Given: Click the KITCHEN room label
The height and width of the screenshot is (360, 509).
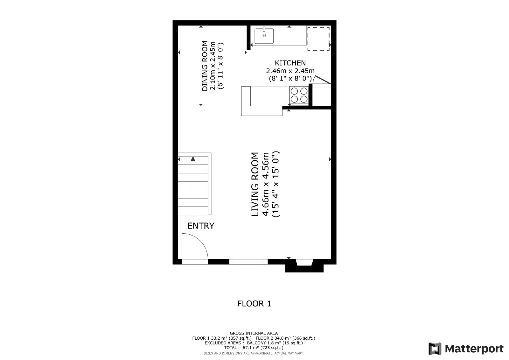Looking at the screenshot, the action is [290, 63].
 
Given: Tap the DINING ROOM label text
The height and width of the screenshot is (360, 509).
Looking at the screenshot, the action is [205, 66].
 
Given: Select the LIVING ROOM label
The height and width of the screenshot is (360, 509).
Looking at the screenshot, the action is [255, 184].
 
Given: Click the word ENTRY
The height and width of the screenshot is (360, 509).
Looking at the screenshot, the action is [201, 226].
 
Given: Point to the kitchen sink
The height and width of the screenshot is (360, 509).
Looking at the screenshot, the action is [264, 36].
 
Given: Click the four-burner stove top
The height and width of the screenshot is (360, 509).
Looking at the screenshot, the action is [299, 95].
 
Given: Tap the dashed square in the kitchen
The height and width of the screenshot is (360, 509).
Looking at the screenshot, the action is [318, 39].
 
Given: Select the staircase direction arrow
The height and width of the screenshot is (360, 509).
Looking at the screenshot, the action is [193, 159].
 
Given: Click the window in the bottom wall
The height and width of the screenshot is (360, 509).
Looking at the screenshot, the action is [248, 262].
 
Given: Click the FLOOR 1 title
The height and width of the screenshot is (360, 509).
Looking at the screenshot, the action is [254, 304].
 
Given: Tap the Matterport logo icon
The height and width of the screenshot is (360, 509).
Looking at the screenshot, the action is [435, 349].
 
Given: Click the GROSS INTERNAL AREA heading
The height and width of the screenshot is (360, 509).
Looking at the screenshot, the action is [254, 333].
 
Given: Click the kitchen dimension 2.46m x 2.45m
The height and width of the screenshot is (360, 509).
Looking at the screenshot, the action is [290, 71].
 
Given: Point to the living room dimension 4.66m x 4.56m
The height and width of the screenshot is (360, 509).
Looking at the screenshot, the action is [266, 184].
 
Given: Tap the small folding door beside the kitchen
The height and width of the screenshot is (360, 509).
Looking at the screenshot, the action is [322, 80].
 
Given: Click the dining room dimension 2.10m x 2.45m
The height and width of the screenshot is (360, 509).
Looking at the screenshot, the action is [213, 66].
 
